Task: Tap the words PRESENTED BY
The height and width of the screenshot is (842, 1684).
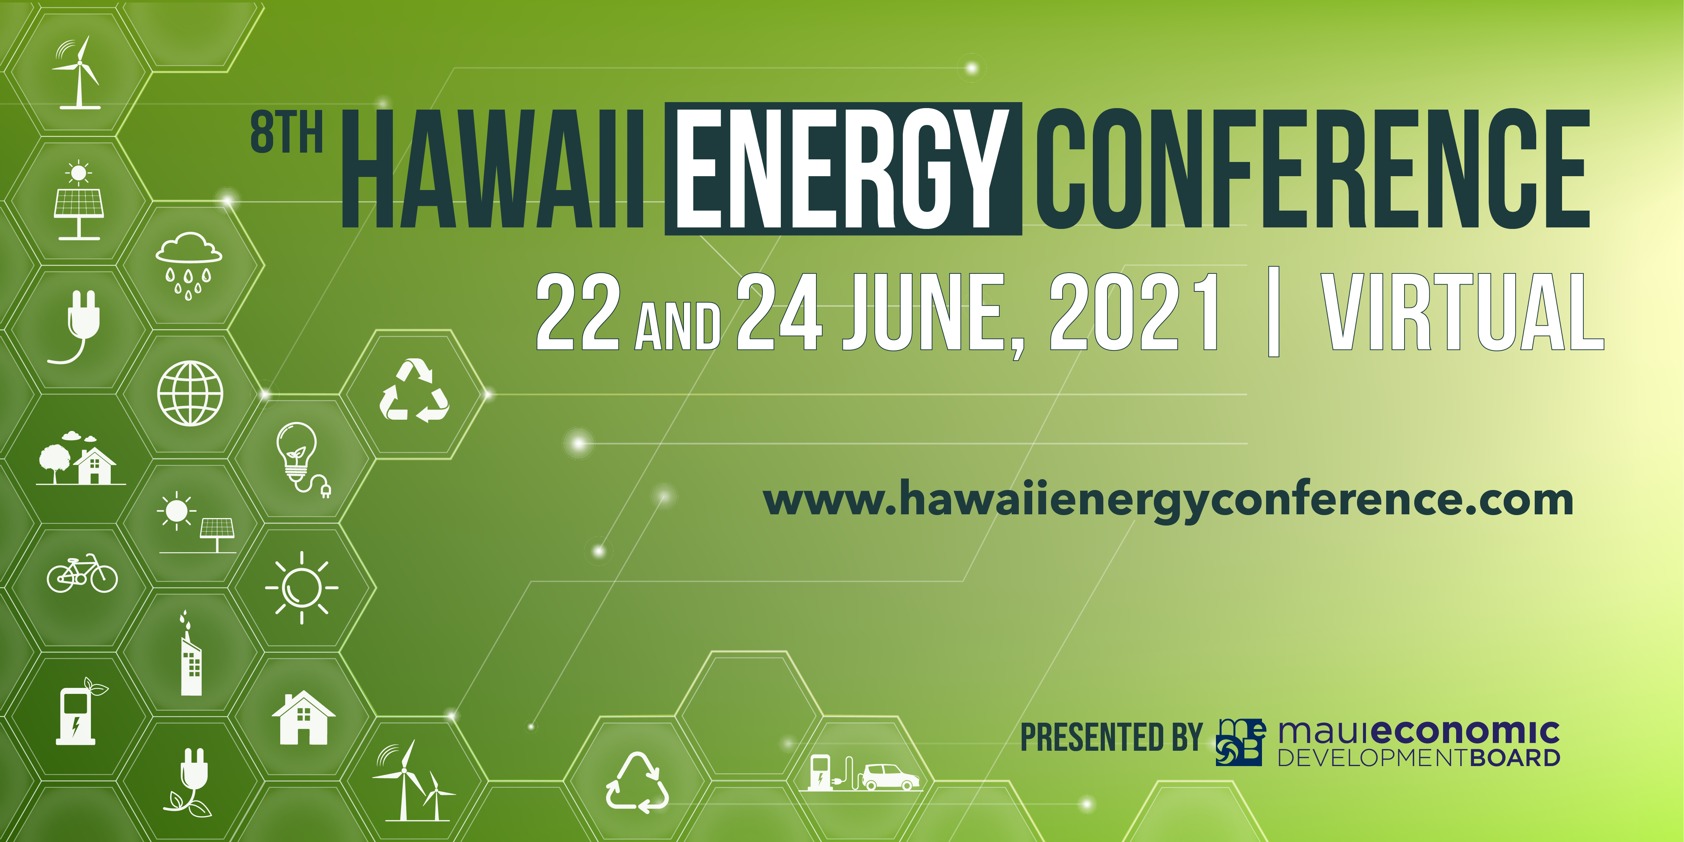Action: (1111, 737)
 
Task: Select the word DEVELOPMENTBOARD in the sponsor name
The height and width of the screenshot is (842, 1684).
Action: (1419, 758)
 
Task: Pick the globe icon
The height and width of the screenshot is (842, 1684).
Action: (190, 394)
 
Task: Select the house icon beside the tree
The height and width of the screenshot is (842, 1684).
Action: (95, 465)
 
